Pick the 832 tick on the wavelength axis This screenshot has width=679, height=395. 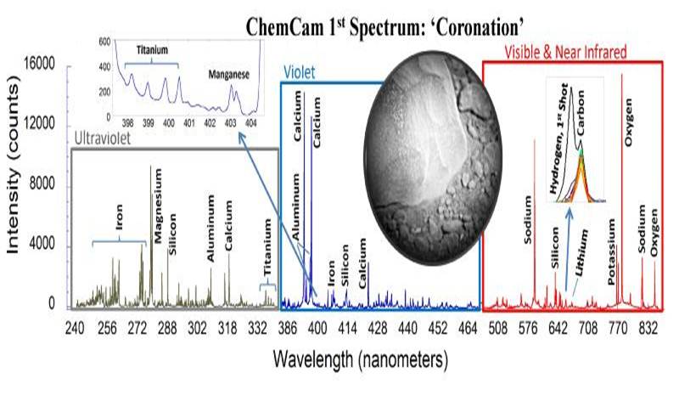click(650, 327)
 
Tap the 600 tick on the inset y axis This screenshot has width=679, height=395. click(106, 40)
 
